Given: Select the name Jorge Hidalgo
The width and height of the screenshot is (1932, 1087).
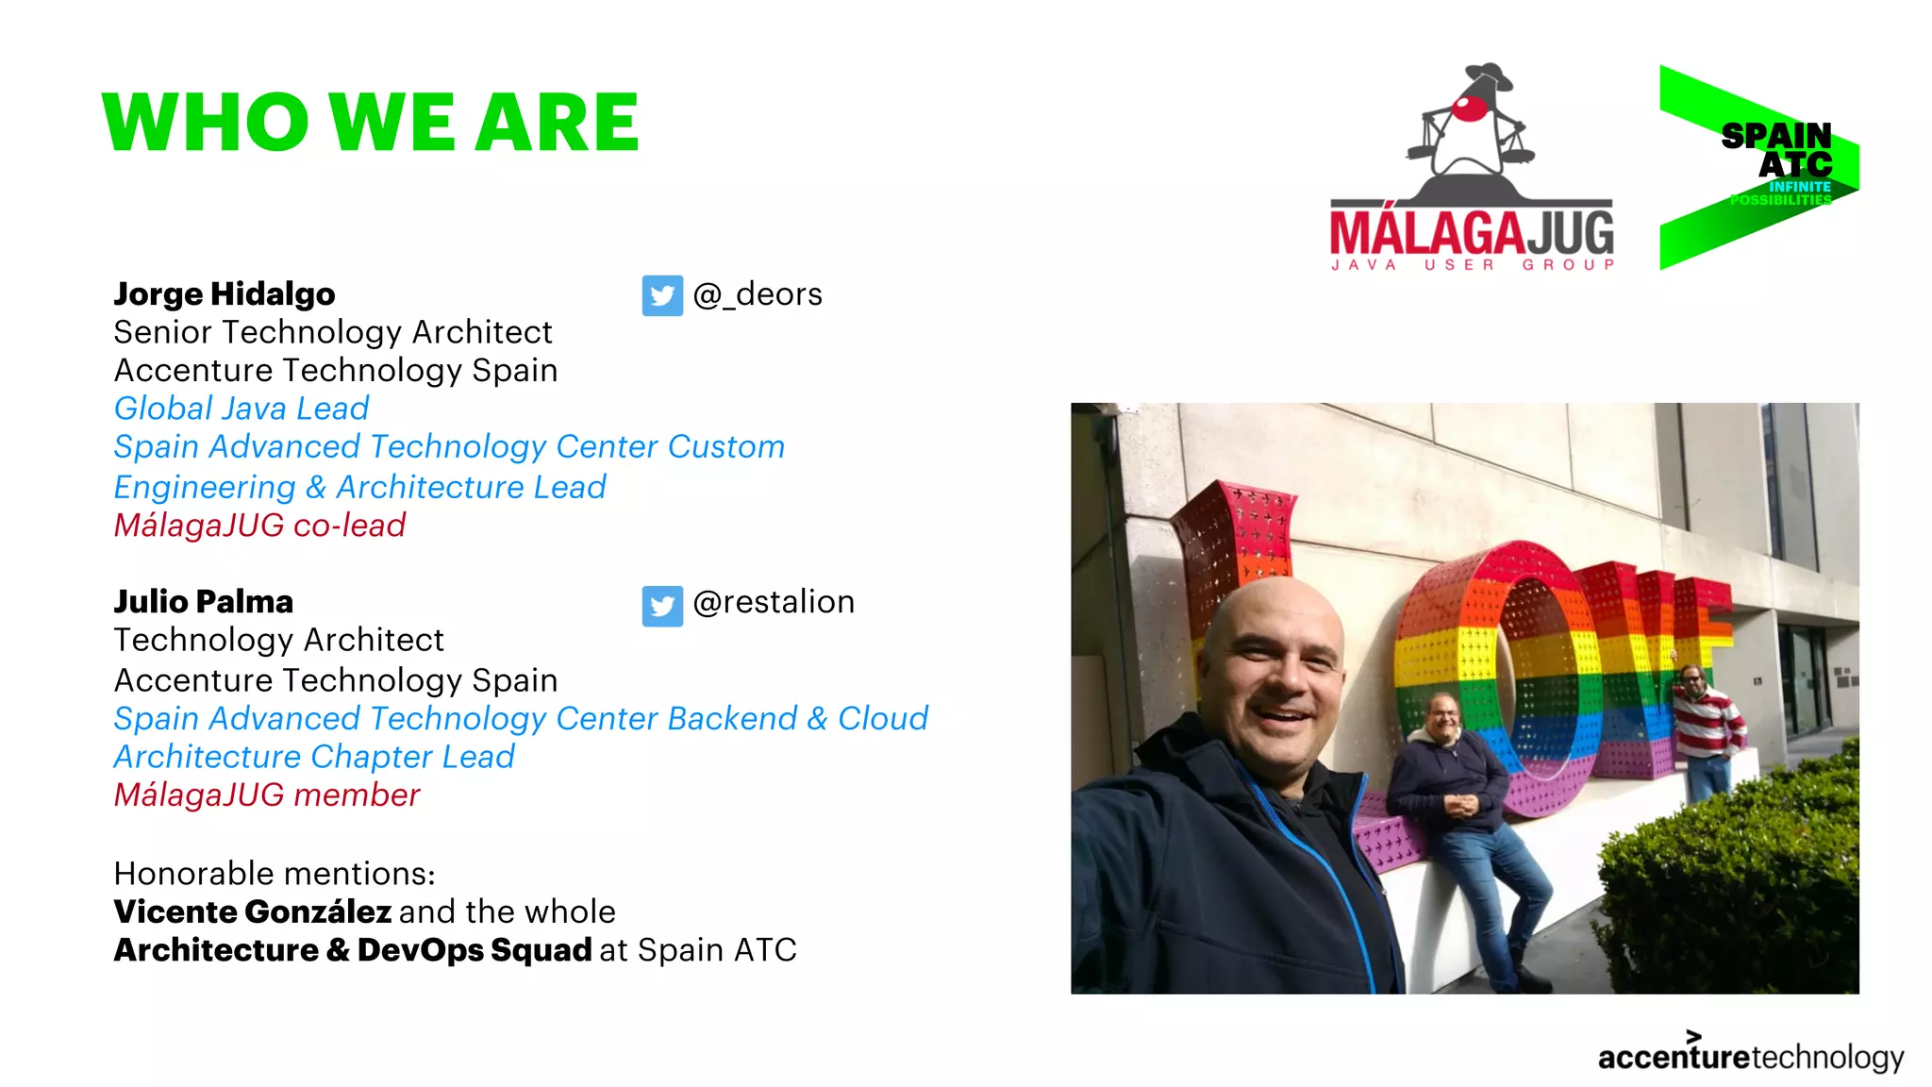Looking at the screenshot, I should point(224,294).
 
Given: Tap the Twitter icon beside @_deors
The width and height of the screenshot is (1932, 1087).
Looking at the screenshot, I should point(662,295).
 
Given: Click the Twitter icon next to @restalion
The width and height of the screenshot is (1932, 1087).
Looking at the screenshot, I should point(662,605).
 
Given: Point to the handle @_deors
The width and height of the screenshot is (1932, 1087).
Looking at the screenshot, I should point(758,294).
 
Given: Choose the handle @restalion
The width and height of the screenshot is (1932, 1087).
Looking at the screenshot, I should point(774,602).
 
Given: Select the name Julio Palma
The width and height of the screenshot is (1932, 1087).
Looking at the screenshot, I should point(203,602).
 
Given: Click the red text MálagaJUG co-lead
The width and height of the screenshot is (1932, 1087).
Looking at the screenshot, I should point(259,526).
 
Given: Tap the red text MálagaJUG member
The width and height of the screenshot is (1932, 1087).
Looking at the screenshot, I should point(266,795).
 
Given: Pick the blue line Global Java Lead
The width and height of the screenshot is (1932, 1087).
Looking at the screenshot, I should point(241,409).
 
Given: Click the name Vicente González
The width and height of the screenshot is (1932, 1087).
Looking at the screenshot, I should point(252,912).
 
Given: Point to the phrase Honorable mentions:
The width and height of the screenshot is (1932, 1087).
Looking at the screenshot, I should point(274,874).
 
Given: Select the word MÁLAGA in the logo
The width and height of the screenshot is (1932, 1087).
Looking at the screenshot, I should point(1426,232).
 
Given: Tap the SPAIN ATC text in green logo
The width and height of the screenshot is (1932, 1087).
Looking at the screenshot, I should point(1777,150).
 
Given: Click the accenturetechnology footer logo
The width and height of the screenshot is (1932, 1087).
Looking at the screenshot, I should point(1750,1056).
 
